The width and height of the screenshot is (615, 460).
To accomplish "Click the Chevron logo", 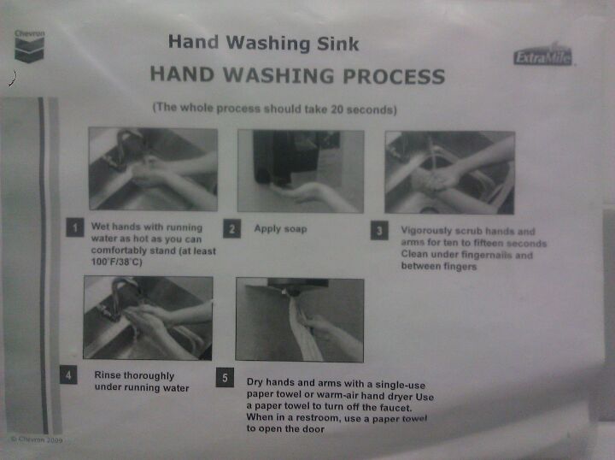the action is click(29, 46).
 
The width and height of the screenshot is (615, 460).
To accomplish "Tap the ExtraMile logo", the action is click(543, 56).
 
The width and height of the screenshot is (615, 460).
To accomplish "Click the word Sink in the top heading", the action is click(337, 44).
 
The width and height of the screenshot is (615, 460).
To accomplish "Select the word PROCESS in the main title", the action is click(394, 76).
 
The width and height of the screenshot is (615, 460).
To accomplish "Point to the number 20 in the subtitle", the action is click(337, 109).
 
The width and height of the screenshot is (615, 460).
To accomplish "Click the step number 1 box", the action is click(75, 227).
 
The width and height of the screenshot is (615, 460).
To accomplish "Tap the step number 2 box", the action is click(231, 229).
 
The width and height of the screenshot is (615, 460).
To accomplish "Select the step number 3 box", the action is click(379, 231).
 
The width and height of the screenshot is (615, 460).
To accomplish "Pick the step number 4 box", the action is click(68, 374).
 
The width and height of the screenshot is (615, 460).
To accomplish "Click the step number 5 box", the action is click(225, 378).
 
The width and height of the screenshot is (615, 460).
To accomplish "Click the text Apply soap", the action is click(280, 229).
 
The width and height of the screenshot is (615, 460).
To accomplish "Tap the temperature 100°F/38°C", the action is click(116, 262).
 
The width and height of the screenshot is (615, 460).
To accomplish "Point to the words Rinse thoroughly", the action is click(134, 375).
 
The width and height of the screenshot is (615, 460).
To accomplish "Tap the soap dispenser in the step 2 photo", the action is click(285, 157).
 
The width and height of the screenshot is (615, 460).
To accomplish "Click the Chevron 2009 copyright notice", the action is click(37, 439).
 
